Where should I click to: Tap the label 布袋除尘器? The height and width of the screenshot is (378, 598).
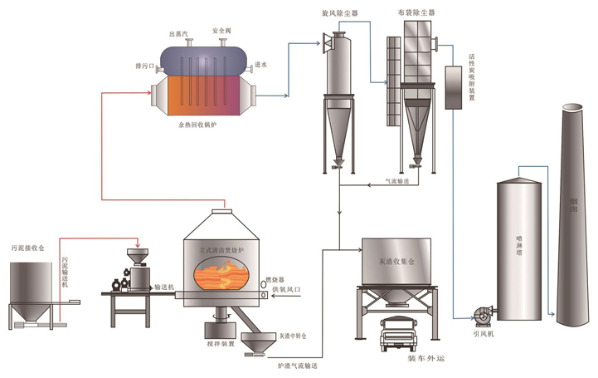click(x=416, y=14)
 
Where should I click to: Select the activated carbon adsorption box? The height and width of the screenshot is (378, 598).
click(x=454, y=88)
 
